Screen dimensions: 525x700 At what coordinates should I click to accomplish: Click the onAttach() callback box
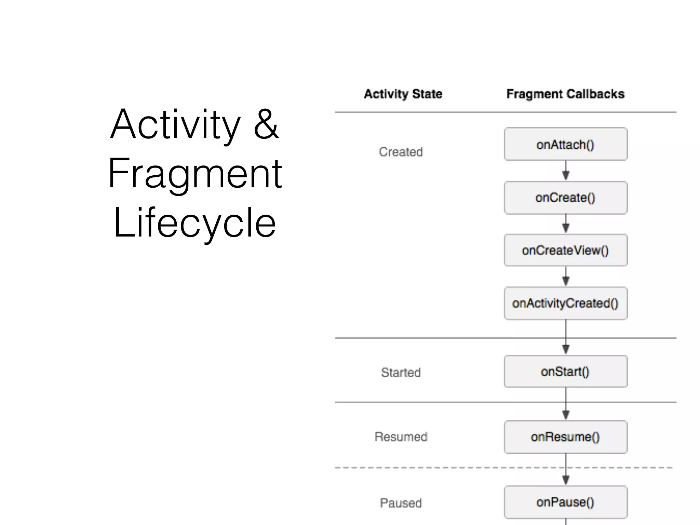(x=565, y=144)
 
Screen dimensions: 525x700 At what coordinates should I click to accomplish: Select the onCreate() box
(x=565, y=198)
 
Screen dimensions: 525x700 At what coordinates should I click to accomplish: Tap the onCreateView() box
(x=565, y=250)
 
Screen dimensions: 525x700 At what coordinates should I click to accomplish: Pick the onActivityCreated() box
(x=565, y=303)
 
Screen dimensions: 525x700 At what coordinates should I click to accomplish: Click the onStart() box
(x=565, y=372)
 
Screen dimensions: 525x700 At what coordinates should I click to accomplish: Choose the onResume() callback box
(x=565, y=437)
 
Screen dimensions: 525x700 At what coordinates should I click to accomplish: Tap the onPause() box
(x=565, y=502)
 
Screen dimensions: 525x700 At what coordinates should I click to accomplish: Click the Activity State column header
(x=403, y=94)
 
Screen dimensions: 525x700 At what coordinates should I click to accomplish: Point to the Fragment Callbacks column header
(x=565, y=94)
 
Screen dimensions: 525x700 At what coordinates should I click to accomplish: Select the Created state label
(x=401, y=152)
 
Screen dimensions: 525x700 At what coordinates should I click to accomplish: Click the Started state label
(x=401, y=372)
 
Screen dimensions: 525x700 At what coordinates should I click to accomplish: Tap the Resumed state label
(x=401, y=437)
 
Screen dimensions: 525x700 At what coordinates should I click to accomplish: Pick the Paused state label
(x=401, y=503)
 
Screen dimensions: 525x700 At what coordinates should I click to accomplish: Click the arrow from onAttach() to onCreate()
(x=566, y=171)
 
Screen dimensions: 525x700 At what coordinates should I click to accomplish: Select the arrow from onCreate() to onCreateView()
(x=566, y=224)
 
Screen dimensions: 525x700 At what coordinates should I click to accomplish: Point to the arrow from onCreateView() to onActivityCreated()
(x=566, y=277)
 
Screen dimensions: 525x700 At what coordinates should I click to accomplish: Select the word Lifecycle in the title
(x=194, y=223)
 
